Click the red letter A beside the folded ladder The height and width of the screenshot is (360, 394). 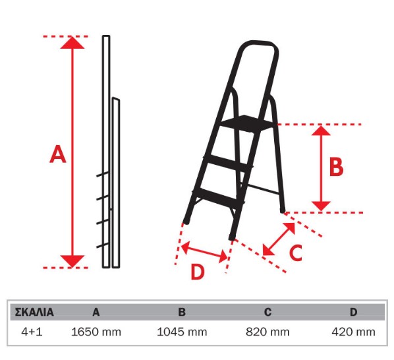[58, 154]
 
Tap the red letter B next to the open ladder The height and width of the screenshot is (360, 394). [336, 167]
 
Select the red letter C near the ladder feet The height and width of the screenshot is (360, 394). [295, 252]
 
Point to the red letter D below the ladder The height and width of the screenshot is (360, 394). [198, 272]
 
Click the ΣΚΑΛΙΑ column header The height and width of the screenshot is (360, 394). [34, 312]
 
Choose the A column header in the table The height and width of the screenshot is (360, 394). [96, 312]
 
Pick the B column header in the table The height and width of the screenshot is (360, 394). [182, 312]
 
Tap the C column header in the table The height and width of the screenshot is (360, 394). [268, 312]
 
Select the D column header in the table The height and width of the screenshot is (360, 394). [354, 312]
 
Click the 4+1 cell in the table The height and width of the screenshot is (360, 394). [32, 332]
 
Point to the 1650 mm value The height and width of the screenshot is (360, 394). [96, 332]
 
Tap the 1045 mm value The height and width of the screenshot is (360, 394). [182, 332]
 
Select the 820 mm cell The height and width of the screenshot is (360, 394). [267, 332]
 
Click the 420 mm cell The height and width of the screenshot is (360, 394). [354, 332]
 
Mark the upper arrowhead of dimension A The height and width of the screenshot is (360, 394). [72, 43]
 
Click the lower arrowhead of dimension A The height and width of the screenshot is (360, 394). [72, 261]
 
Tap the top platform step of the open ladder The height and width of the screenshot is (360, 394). [247, 123]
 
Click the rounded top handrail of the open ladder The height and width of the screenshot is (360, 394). [259, 45]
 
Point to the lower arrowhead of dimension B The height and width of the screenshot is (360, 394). [321, 206]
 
